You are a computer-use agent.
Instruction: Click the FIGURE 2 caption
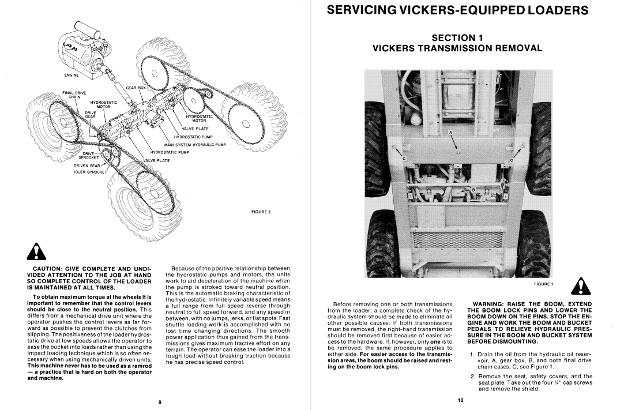click(x=261, y=212)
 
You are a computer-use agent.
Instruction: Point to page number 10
click(x=461, y=400)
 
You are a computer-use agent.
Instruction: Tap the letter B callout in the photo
click(x=473, y=189)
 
